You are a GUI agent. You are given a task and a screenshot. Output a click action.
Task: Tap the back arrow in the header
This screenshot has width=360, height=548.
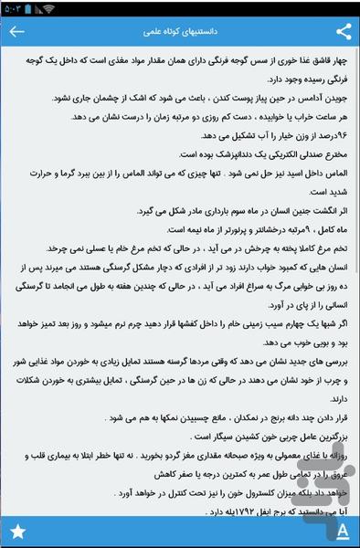(x=16, y=32)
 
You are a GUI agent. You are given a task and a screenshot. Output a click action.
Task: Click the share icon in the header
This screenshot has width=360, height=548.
(x=344, y=32)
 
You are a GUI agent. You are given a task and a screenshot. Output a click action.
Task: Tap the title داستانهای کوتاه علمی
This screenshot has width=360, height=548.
(x=181, y=32)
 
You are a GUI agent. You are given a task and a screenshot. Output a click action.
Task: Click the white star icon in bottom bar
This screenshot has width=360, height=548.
(x=16, y=531)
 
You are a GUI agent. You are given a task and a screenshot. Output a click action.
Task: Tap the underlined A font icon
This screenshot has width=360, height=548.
(x=342, y=531)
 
